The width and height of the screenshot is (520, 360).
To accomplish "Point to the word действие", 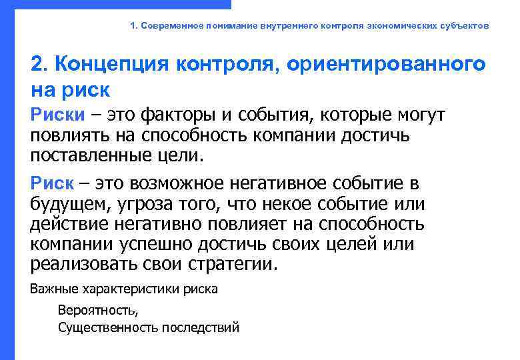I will pyautogui.click(x=70, y=223).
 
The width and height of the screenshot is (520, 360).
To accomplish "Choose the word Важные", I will pyautogui.click(x=54, y=289).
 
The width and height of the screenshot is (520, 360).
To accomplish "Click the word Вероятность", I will pyautogui.click(x=99, y=311).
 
